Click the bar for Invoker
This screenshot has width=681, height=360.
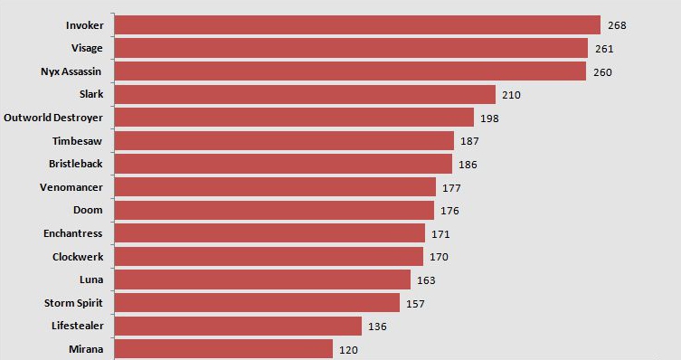[358, 25]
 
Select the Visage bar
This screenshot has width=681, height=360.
[352, 48]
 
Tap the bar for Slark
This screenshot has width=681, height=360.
[306, 94]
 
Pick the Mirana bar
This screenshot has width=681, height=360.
[224, 348]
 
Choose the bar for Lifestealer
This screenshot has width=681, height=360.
[239, 326]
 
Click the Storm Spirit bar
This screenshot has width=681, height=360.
[258, 302]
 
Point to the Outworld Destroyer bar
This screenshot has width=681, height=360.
[295, 118]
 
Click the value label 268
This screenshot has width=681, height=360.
[617, 25]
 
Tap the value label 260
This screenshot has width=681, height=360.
[604, 71]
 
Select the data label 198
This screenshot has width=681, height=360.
[490, 118]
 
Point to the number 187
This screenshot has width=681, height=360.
[470, 141]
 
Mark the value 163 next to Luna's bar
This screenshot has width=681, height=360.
[427, 279]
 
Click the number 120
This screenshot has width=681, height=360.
[349, 348]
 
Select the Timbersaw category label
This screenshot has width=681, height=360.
[78, 141]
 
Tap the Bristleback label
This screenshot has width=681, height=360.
[76, 164]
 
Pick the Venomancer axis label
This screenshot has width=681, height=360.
[71, 187]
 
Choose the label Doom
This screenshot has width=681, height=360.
[88, 210]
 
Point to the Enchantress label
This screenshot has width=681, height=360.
[73, 233]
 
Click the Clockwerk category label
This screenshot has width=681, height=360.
[78, 256]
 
